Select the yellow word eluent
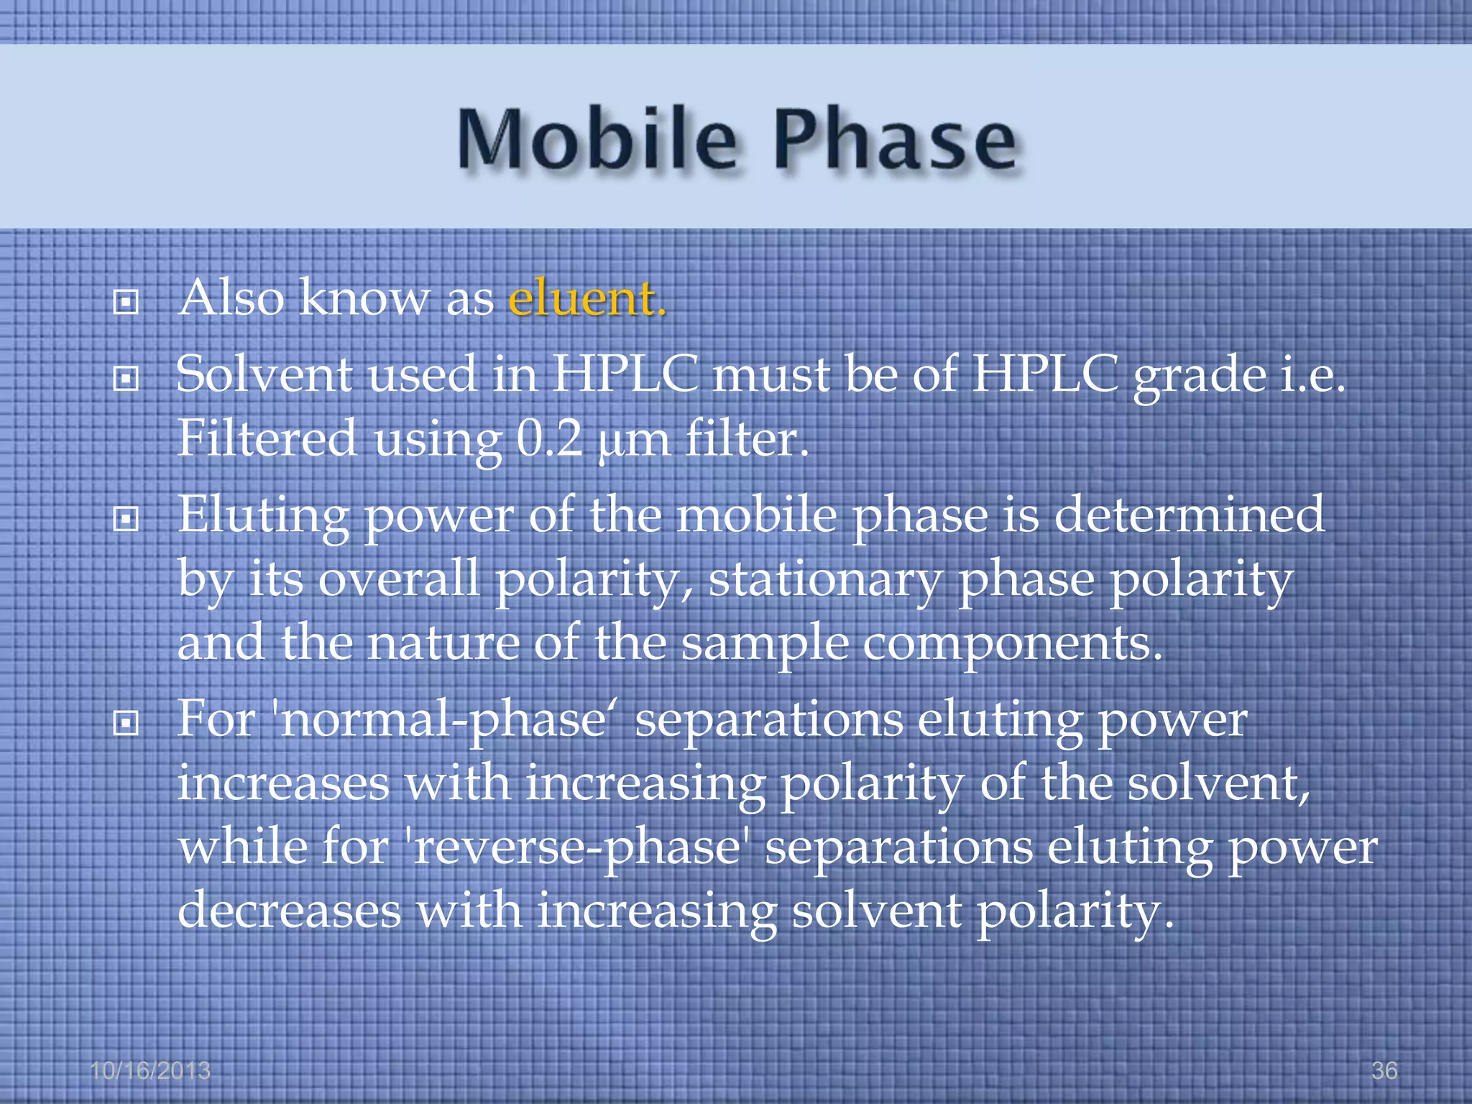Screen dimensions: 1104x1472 click(x=586, y=298)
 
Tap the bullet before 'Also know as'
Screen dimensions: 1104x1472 click(x=126, y=303)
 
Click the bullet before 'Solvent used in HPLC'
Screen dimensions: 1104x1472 click(x=126, y=378)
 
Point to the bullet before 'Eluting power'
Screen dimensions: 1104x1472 click(x=126, y=518)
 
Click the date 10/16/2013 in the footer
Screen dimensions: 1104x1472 click(x=150, y=1070)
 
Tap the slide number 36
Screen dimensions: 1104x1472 click(x=1384, y=1070)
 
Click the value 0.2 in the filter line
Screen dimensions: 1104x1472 click(x=549, y=438)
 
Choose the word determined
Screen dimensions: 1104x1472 click(x=1189, y=515)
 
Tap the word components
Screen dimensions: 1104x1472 click(x=1012, y=644)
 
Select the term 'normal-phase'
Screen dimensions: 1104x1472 click(x=441, y=720)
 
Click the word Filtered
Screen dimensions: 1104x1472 click(x=267, y=438)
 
